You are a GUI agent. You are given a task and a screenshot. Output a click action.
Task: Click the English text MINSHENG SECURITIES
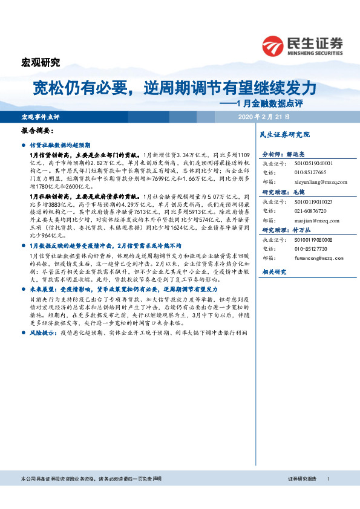click(x=313, y=52)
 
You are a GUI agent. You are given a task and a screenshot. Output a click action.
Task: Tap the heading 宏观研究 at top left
click(x=41, y=62)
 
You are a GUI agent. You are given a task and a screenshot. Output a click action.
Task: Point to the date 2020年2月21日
click(x=265, y=116)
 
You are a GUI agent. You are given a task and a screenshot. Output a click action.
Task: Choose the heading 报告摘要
click(x=38, y=131)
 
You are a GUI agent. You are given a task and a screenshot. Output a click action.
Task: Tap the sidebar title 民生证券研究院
click(x=284, y=134)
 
